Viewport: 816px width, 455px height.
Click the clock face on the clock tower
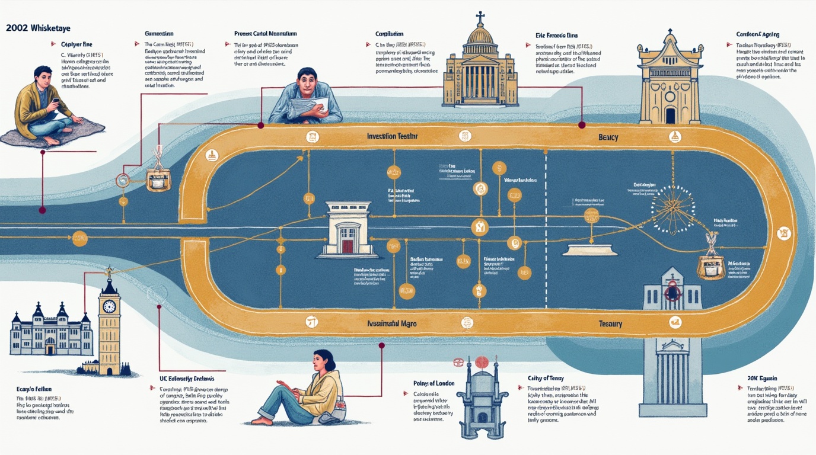(x=109, y=306)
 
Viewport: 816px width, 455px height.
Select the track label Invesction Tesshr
(x=393, y=136)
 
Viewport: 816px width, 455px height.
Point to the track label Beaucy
(x=608, y=137)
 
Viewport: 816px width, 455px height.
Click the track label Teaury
(x=611, y=323)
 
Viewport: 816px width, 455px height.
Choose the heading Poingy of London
(x=434, y=383)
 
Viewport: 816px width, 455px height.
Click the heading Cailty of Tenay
(x=545, y=378)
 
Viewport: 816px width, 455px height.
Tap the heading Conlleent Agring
(x=757, y=35)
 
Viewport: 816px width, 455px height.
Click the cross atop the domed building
(x=480, y=17)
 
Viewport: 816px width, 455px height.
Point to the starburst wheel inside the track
(x=672, y=207)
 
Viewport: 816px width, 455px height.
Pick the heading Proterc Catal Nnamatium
(x=266, y=34)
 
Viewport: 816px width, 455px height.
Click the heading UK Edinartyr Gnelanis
(x=187, y=378)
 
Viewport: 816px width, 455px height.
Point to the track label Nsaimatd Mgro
(x=391, y=324)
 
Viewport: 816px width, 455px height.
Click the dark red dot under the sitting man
(x=42, y=210)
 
